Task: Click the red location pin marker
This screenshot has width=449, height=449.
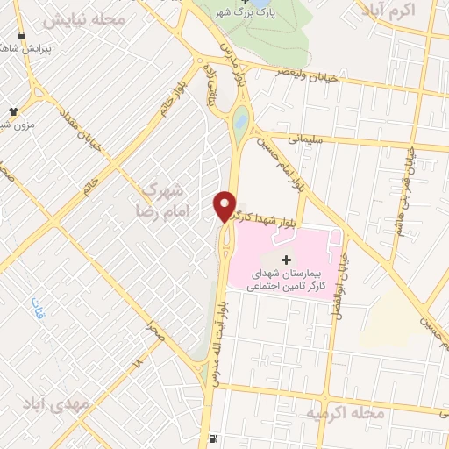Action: coord(224,205)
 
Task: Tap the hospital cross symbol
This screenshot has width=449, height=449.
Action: coord(287,260)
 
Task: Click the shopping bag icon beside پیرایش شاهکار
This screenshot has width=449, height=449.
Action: coord(21,38)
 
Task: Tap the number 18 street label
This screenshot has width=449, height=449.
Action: coord(137,361)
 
